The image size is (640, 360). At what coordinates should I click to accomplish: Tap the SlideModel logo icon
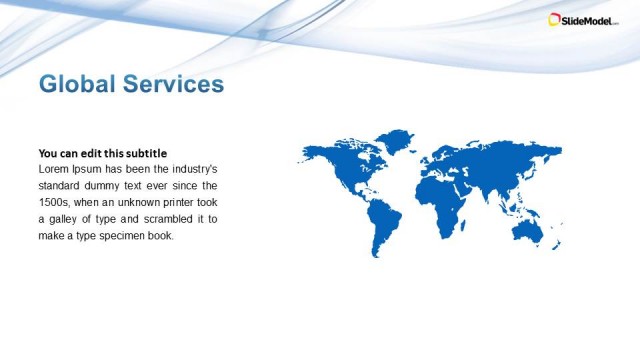coord(555,19)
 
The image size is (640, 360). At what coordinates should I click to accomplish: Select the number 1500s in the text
coord(55,202)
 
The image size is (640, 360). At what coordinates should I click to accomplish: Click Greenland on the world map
coord(397,140)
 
